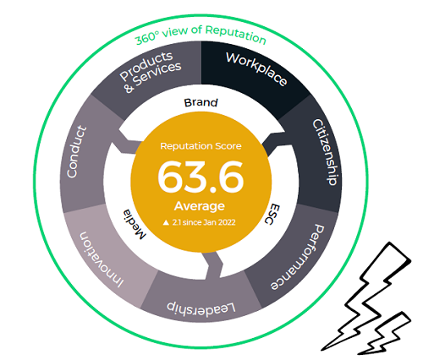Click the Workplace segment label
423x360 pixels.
click(x=256, y=68)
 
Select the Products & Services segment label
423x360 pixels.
click(x=151, y=72)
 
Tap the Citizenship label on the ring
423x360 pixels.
click(x=325, y=152)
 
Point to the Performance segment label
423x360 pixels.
click(x=298, y=258)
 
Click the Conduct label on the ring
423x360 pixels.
click(x=76, y=152)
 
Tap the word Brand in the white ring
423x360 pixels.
click(x=201, y=102)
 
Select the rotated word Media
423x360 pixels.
click(x=135, y=224)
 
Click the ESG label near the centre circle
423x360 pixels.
click(x=272, y=214)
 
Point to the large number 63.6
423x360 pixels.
click(x=201, y=177)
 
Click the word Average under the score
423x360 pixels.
click(x=200, y=206)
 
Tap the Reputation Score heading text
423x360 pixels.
click(x=201, y=146)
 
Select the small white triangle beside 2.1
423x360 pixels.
click(x=166, y=223)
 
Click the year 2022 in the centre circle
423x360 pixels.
click(x=227, y=222)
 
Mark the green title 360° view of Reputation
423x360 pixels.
click(x=201, y=35)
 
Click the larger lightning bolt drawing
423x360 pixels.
click(x=366, y=296)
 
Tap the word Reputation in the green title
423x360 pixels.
click(x=235, y=35)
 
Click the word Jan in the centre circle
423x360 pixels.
click(x=210, y=222)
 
